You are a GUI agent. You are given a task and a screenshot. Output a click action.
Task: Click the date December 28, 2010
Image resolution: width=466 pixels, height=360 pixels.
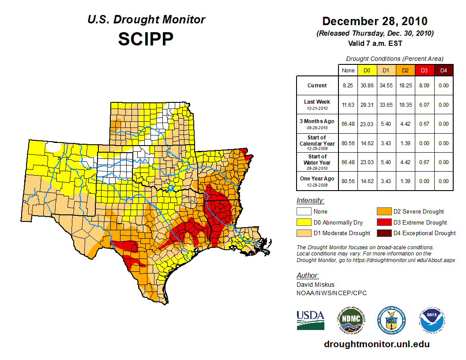coord(375,21)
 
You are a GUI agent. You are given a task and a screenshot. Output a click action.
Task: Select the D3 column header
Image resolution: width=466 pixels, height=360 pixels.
coord(424,70)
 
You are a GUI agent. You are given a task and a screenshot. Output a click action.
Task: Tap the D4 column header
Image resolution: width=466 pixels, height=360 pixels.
coord(443,70)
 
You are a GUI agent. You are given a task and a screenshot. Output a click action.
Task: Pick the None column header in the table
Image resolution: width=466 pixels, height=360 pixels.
coord(348,70)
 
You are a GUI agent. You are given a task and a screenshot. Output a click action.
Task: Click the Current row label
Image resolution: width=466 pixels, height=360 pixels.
coord(317,86)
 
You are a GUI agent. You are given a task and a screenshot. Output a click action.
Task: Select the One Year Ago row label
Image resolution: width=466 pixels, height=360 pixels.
coord(317,179)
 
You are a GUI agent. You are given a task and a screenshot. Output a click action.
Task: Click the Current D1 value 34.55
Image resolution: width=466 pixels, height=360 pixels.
coord(386,86)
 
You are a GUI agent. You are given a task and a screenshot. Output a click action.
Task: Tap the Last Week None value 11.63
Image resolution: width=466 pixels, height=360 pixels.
coord(348,105)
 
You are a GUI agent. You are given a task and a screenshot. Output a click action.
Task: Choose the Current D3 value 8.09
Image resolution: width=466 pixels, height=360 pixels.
coord(424,86)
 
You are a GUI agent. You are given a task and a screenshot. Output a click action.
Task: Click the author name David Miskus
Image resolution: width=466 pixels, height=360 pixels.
coord(315,285)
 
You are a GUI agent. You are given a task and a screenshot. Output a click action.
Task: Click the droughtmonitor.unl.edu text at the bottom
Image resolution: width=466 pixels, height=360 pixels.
coord(376,344)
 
